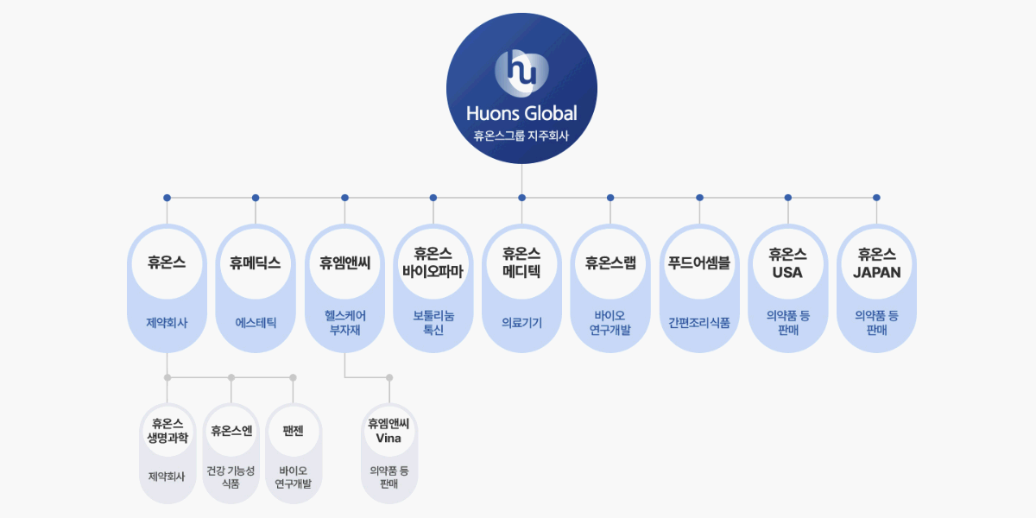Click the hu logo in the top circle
coord(521,71)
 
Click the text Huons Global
coord(521,113)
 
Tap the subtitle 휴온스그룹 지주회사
coord(521,136)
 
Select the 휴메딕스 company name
coord(256,263)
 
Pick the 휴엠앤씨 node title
coord(344,263)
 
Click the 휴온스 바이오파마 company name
coord(433,262)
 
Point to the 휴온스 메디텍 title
coord(521,262)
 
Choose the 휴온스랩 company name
coord(610,263)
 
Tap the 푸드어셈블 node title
coord(699,263)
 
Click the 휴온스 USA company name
coord(787,262)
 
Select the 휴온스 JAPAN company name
coord(876,262)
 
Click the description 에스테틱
coord(256,323)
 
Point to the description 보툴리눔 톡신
coord(433,323)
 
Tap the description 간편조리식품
coord(699,323)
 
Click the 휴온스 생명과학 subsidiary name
coord(167,430)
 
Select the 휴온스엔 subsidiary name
coord(231,431)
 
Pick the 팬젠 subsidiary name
coord(293,431)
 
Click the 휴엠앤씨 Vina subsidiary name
coord(388,430)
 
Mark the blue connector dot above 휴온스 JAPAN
coord(876,198)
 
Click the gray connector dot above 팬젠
coord(293,377)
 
